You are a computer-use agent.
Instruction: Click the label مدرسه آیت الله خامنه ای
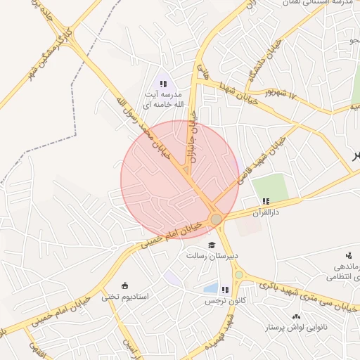tap(163, 99)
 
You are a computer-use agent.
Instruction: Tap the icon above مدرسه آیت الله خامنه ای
tap(163, 83)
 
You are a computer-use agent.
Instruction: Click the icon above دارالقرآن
tap(266, 201)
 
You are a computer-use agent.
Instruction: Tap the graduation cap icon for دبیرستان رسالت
tap(212, 245)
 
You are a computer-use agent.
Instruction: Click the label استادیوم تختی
tap(125, 296)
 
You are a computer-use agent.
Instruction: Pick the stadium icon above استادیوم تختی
tap(125, 285)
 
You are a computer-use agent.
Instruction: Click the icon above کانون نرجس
tap(224, 290)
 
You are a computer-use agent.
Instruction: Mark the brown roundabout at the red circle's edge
tap(217, 220)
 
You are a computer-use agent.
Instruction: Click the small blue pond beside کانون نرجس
tap(210, 288)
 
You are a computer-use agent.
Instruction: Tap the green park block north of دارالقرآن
tap(271, 186)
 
